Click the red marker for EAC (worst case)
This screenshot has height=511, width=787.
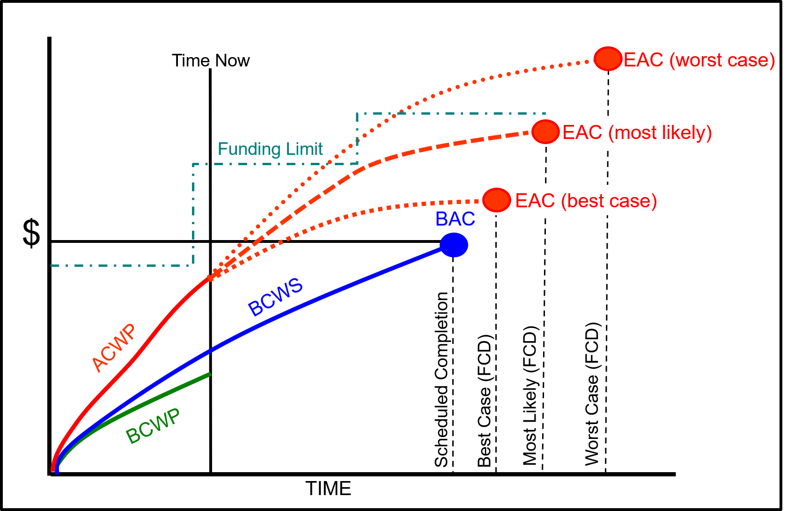click(608, 59)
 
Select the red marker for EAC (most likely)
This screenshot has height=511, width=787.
click(545, 131)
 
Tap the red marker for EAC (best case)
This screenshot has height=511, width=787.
click(496, 200)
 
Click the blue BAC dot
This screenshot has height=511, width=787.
click(454, 245)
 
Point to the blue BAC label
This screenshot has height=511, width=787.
click(455, 219)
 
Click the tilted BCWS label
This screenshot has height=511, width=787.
click(275, 297)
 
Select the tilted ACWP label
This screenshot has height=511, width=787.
click(114, 348)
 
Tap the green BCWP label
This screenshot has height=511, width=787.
click(153, 426)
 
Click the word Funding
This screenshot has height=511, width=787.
click(249, 149)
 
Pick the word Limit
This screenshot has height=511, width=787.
click(304, 149)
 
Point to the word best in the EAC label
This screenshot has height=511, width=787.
click(585, 201)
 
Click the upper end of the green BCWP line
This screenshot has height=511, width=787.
click(209, 374)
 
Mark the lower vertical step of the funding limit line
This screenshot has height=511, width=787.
click(193, 215)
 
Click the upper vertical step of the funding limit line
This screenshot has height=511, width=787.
click(357, 138)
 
